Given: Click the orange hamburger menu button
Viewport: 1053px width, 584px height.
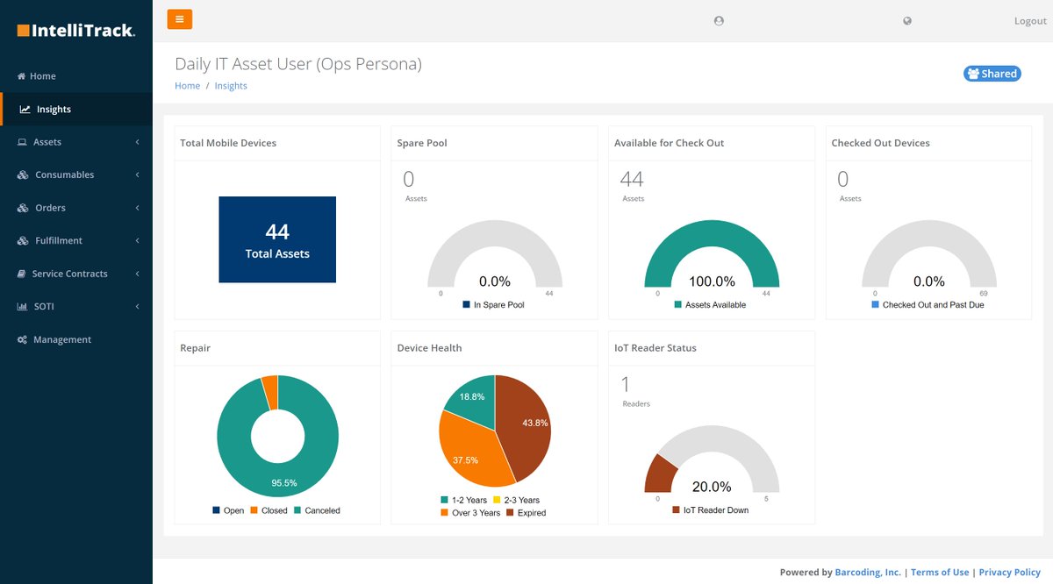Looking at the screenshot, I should (179, 19).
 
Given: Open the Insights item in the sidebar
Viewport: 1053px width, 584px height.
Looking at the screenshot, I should (54, 110).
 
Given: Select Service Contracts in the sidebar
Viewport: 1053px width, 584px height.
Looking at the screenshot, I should (69, 274).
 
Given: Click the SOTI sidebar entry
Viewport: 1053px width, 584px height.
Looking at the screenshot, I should (43, 307).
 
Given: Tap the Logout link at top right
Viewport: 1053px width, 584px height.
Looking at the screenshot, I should (1030, 21).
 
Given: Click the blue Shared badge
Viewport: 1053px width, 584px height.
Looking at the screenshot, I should (992, 74).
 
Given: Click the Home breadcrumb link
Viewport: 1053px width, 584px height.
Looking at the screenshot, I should (187, 86).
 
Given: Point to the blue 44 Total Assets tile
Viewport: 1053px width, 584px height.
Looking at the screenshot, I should (277, 239).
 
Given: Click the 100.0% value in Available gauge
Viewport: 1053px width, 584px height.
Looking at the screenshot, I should (712, 281).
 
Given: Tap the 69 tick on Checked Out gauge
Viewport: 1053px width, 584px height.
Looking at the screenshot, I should (983, 294).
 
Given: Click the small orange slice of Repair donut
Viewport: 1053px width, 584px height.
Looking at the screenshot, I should (270, 392).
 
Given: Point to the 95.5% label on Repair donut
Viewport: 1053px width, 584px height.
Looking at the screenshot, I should (283, 483).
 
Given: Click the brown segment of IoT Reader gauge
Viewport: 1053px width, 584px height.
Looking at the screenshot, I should (659, 474).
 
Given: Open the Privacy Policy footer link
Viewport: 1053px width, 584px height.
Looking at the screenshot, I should (1009, 573).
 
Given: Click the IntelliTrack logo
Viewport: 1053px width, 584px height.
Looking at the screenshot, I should (76, 31).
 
